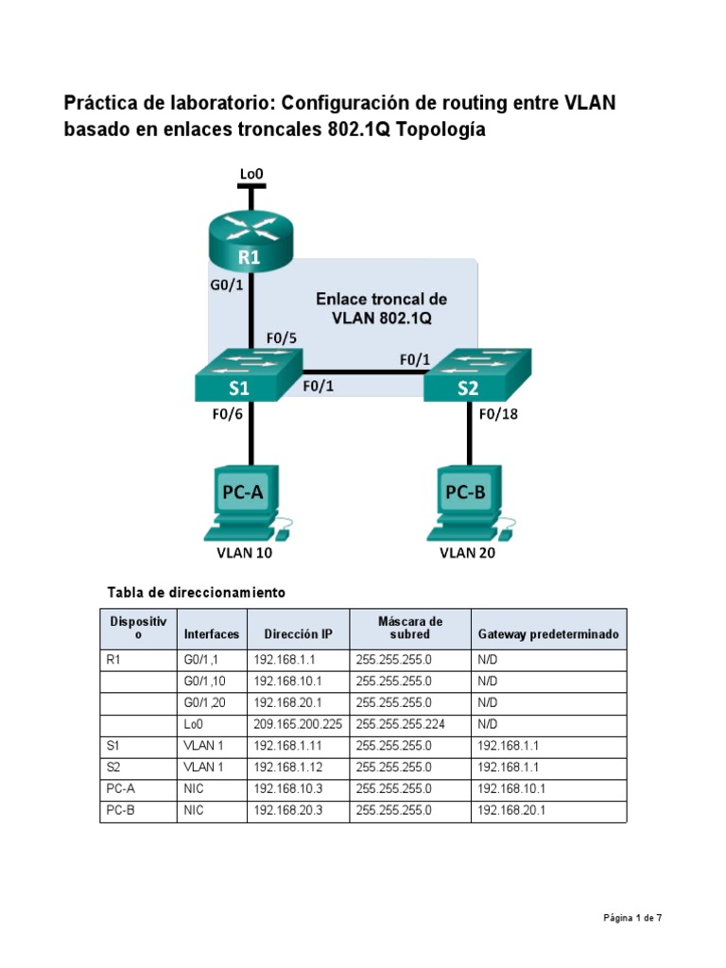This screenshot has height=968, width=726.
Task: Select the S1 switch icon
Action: click(250, 376)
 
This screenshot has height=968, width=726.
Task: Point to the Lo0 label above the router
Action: click(251, 173)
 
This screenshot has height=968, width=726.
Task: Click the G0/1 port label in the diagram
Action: click(226, 287)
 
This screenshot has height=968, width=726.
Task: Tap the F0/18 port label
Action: click(500, 413)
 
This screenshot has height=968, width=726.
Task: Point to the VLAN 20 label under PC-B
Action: click(467, 553)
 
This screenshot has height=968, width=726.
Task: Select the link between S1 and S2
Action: click(364, 372)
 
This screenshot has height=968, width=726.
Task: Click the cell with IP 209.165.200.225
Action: click(298, 725)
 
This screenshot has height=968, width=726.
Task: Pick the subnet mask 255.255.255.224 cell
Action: click(409, 725)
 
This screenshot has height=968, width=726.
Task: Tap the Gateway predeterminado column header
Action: click(548, 634)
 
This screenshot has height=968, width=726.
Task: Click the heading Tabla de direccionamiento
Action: click(197, 593)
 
